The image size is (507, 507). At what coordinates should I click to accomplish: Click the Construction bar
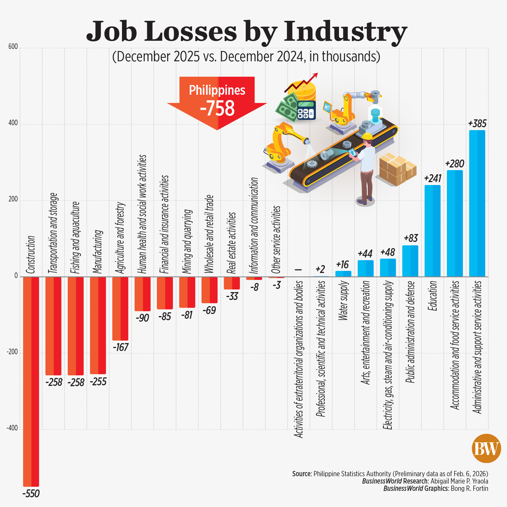point(31,381)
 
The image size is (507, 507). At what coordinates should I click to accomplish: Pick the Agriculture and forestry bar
point(120,308)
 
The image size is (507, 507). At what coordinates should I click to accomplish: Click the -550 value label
point(31,494)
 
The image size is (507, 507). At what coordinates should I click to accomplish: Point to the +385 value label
point(477,123)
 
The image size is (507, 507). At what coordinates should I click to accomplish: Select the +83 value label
point(411,238)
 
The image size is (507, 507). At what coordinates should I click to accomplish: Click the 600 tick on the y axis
point(13,47)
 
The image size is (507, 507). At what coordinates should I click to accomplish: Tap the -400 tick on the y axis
point(12,428)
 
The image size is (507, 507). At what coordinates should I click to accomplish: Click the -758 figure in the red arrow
point(217,108)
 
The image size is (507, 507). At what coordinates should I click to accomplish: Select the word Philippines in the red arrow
point(217,90)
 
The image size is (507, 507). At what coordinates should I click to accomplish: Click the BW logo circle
point(486,448)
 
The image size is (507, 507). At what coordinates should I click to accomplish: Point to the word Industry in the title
point(345,32)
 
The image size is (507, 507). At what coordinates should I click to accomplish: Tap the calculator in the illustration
point(306,110)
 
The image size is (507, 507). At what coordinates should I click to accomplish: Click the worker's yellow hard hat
point(367,136)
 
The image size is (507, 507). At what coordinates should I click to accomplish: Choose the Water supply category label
point(343,301)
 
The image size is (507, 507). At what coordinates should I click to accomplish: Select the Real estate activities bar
point(232,283)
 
